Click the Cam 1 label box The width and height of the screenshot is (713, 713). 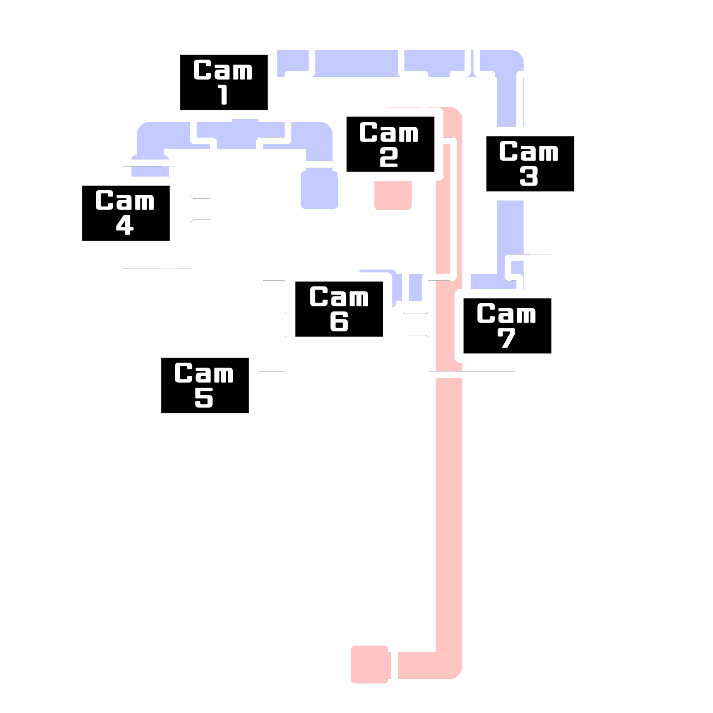click(223, 82)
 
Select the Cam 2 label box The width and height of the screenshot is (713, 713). click(390, 144)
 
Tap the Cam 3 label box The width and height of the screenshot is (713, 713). click(530, 164)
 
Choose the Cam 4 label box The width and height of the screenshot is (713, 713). click(125, 213)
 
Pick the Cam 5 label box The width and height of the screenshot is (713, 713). click(204, 385)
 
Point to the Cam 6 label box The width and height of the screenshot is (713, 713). click(339, 309)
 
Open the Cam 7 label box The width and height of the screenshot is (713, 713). click(507, 326)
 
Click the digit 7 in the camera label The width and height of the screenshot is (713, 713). click(506, 339)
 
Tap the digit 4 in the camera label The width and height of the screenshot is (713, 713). click(125, 226)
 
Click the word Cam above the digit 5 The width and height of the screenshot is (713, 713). click(204, 373)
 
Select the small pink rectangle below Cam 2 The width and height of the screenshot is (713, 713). click(393, 202)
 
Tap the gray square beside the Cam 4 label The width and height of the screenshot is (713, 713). click(199, 209)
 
